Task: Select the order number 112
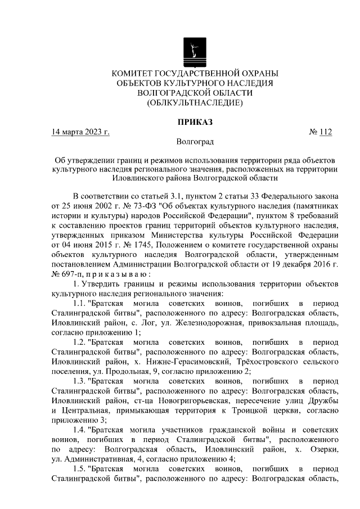tap(325, 132)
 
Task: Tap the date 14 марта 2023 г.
tap(80, 132)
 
